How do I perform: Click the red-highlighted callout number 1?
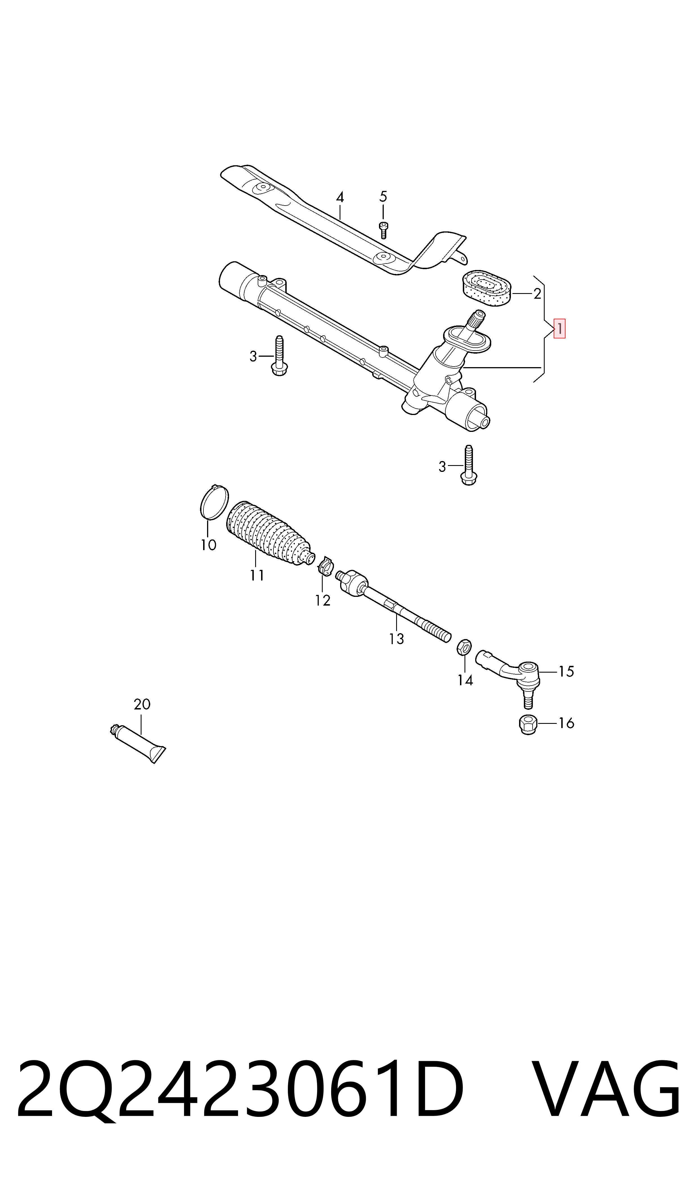coord(559,329)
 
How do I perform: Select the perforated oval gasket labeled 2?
coord(485,287)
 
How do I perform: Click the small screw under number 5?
coord(383,230)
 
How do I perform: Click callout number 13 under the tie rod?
coord(396,639)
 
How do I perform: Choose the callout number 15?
coord(566,671)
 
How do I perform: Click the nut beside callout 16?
coord(528,724)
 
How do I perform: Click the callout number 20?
coord(142,704)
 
